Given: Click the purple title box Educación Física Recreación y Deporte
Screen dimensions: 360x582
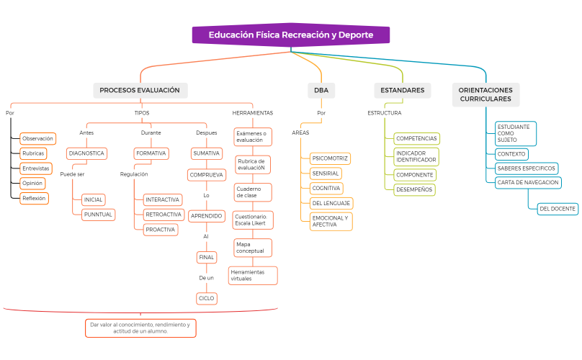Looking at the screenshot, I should click(291, 35).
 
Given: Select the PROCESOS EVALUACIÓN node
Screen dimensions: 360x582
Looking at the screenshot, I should click(140, 90).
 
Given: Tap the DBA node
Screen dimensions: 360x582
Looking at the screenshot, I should click(321, 90).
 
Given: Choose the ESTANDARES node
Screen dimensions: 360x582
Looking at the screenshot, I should click(403, 90).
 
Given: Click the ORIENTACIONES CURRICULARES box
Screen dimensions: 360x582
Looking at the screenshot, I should click(485, 94).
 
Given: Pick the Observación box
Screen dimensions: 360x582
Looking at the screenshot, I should click(38, 138).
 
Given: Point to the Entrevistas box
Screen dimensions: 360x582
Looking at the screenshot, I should click(36, 168).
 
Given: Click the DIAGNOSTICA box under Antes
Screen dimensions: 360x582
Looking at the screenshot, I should click(87, 153).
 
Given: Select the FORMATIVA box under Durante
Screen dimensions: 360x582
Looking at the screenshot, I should click(151, 153).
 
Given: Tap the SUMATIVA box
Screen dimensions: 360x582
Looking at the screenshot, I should click(207, 153).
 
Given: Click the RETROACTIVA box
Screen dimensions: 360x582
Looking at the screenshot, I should click(164, 215).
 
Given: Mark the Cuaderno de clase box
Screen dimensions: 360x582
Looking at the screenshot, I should click(253, 192).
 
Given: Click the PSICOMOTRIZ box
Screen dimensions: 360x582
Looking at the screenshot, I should click(330, 158).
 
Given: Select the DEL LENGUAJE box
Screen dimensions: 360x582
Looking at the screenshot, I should click(331, 203).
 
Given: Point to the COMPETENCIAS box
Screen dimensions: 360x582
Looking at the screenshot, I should click(416, 138).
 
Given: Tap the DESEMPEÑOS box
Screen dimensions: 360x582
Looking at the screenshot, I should click(414, 189).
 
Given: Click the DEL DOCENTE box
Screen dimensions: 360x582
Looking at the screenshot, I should click(558, 209).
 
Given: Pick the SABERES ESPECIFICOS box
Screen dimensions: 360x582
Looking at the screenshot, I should click(527, 168).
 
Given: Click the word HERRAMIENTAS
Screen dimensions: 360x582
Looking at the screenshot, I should click(253, 113).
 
